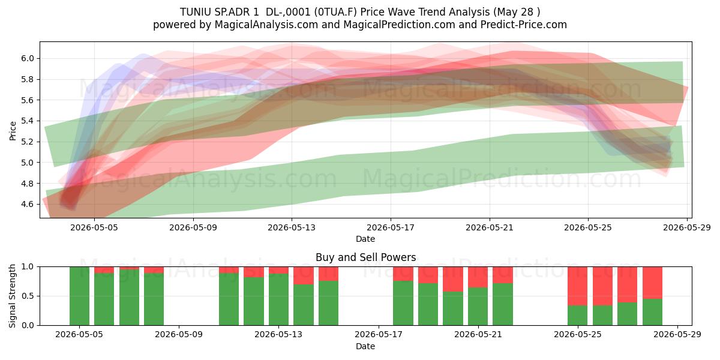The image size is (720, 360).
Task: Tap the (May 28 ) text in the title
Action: tap(517, 12)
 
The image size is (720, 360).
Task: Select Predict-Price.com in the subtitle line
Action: tap(524, 25)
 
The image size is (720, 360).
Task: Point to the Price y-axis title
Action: tap(13, 131)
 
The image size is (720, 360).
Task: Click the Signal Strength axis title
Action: tap(12, 296)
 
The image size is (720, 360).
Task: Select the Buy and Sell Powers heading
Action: tap(366, 257)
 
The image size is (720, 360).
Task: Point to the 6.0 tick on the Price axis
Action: tap(28, 59)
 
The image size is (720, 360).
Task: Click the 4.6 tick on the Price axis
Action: tap(28, 204)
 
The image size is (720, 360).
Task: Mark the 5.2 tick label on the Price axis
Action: tap(28, 142)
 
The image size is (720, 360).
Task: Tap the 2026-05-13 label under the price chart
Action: tap(292, 227)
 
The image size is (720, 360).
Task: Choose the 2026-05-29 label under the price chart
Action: tap(687, 227)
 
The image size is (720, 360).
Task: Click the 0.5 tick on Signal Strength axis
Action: tap(28, 296)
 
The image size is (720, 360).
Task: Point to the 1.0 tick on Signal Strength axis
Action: tap(28, 267)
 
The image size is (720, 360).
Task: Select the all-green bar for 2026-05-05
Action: tap(79, 296)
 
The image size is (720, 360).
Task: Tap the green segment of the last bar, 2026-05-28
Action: tap(653, 312)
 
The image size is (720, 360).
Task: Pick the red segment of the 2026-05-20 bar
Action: tap(453, 280)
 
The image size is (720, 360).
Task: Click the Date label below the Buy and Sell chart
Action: tap(365, 346)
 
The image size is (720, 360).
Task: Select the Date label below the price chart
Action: tap(365, 239)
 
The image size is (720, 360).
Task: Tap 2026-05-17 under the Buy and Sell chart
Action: tap(379, 335)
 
